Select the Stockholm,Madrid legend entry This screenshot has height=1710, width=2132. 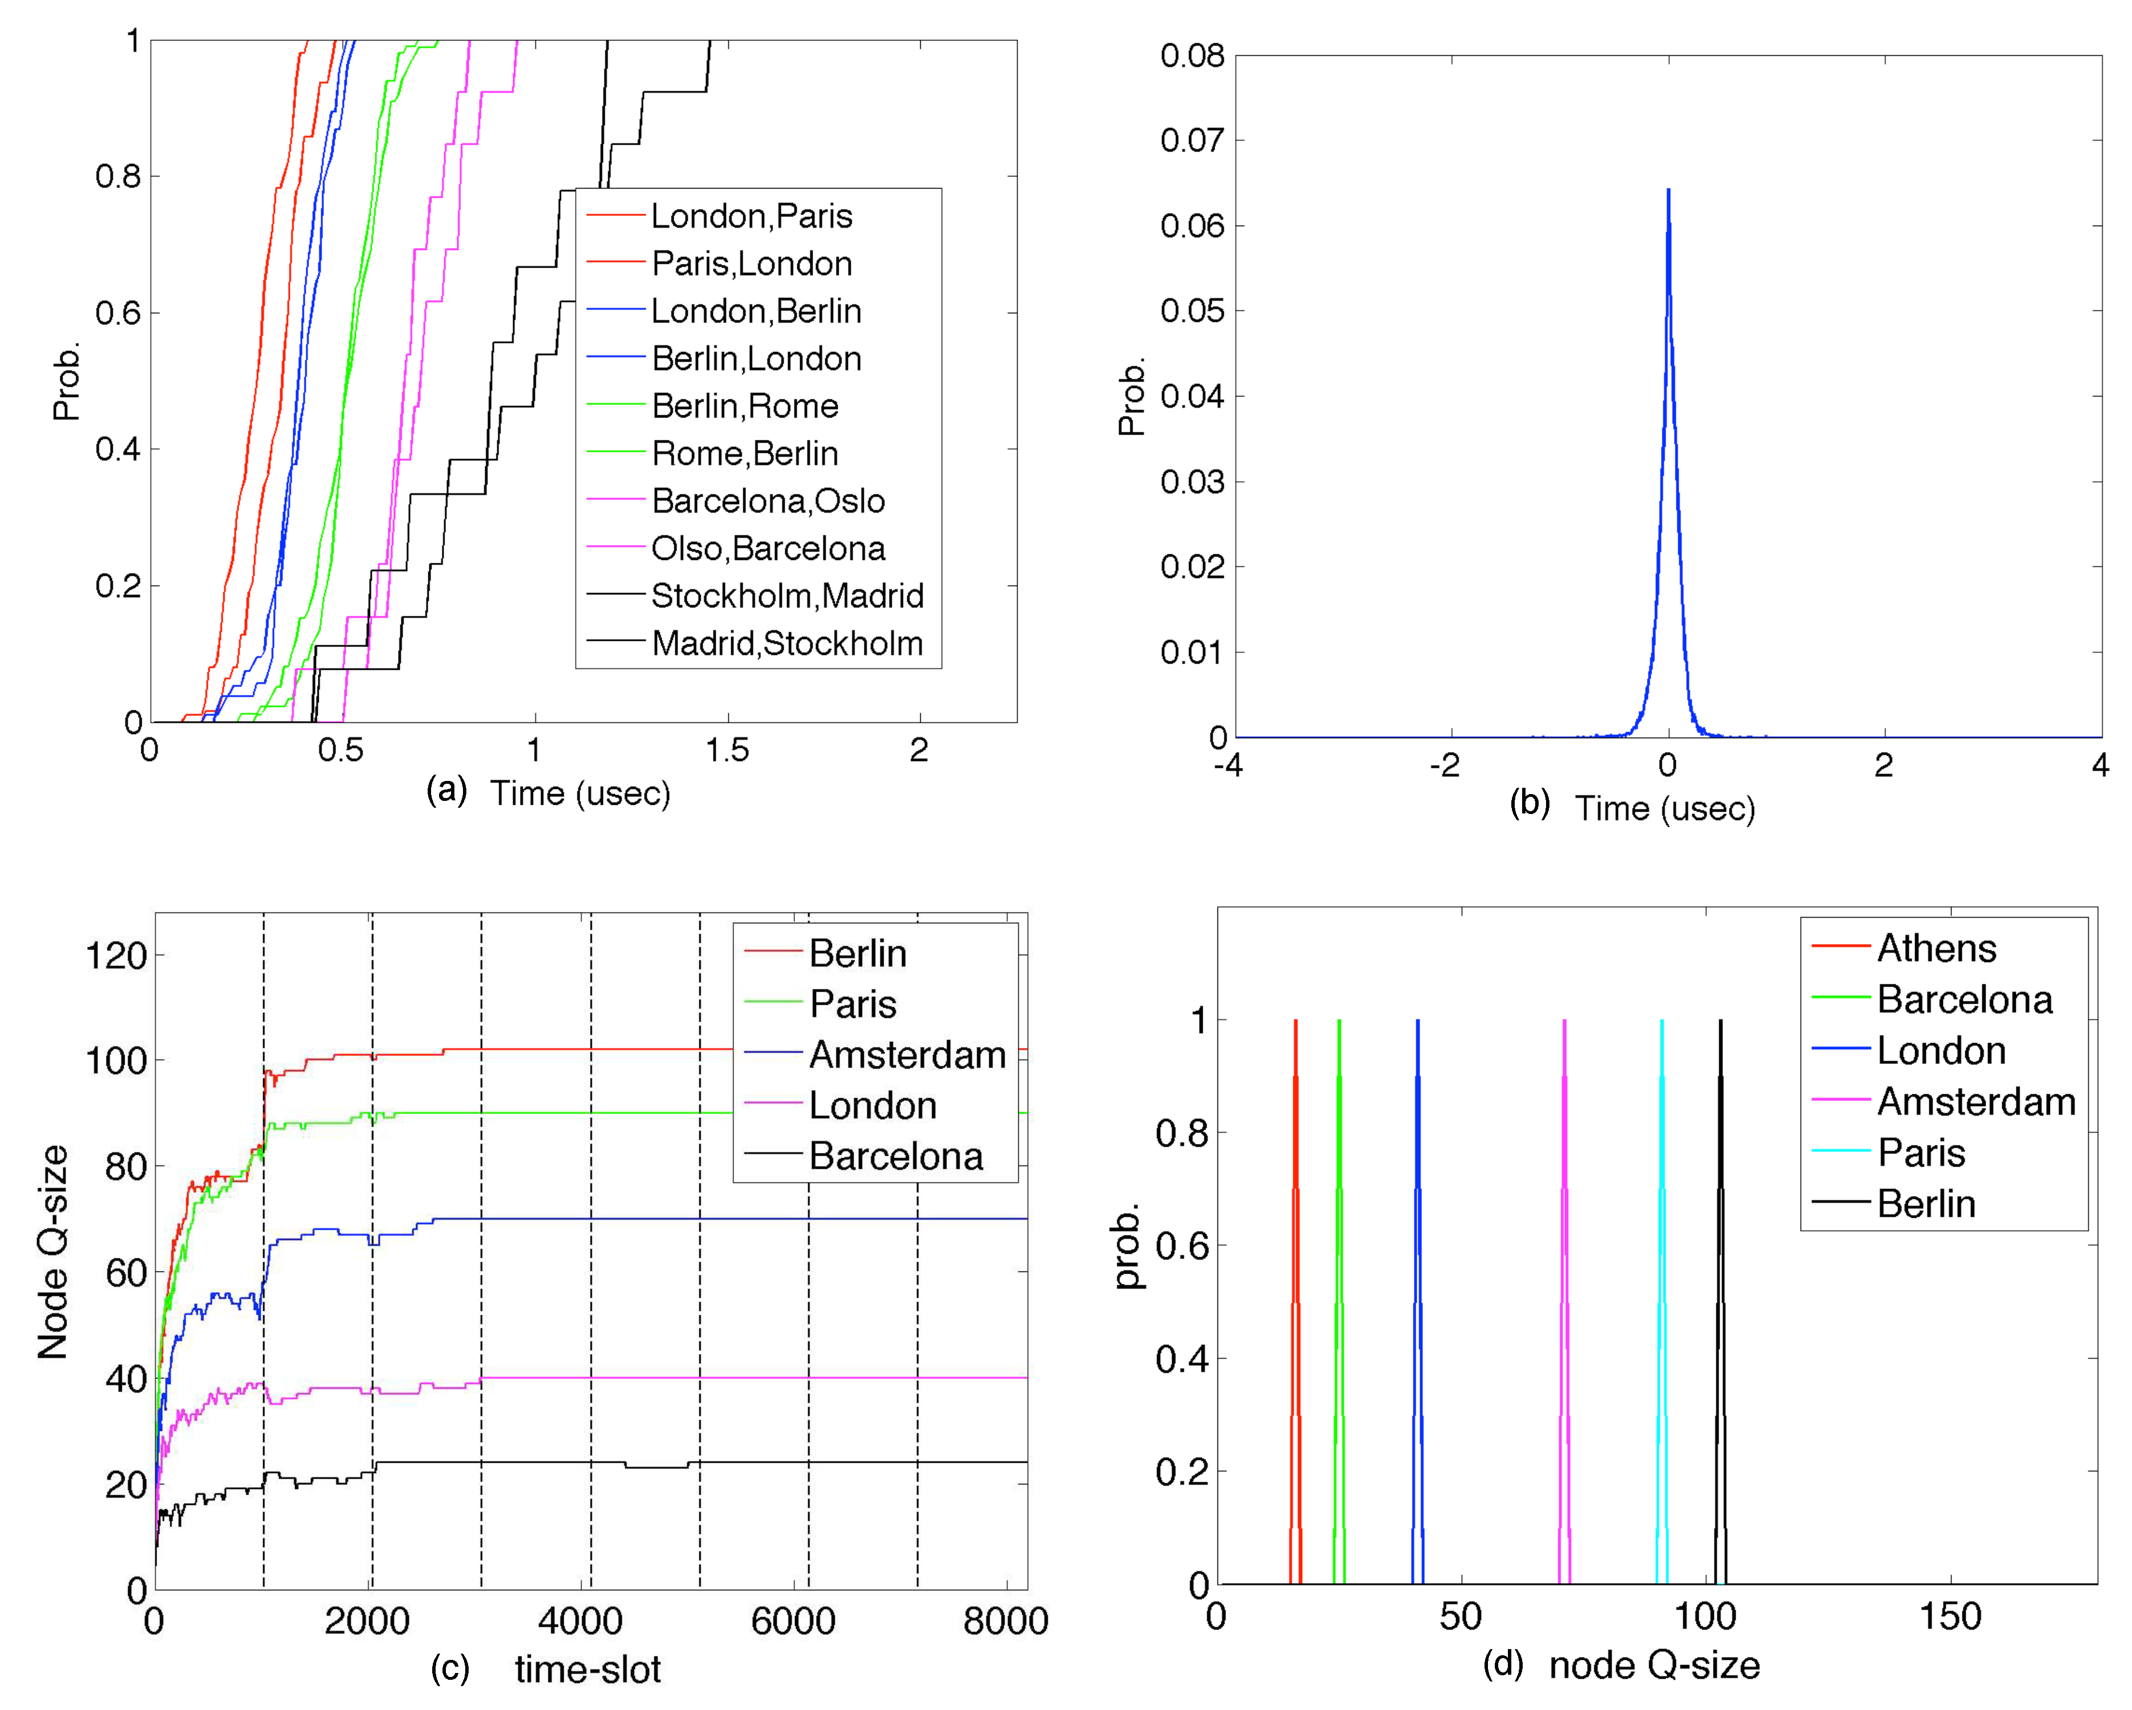click(x=786, y=595)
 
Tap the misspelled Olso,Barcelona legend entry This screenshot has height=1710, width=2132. click(x=768, y=548)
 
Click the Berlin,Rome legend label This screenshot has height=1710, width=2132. click(x=745, y=406)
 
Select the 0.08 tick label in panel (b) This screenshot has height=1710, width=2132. click(x=1192, y=55)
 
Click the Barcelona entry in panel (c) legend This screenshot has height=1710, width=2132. click(x=895, y=1156)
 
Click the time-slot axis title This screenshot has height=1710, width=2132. click(x=588, y=1670)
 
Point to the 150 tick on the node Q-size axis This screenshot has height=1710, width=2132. click(x=1950, y=1616)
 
